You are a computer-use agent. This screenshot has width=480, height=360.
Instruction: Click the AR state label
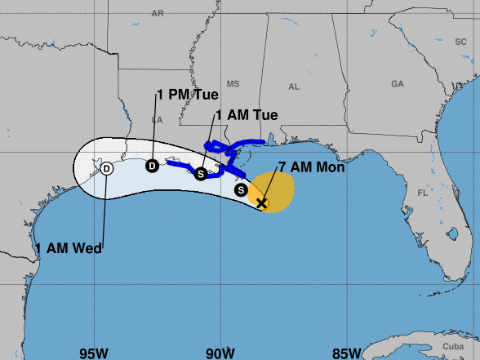pos(158,14)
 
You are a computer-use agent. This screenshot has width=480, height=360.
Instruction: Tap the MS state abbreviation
pos(233,84)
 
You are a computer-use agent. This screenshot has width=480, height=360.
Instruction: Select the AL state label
pos(294,87)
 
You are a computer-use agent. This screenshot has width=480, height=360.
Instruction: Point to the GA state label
pos(398,84)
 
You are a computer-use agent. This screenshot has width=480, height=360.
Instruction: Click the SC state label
pos(460,41)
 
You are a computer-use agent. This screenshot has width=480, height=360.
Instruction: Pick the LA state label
pos(158,118)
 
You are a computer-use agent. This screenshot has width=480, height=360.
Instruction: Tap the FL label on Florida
pos(423,193)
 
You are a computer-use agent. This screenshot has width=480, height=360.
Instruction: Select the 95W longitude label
pos(94,353)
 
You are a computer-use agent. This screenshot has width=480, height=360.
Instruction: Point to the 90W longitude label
pos(220,353)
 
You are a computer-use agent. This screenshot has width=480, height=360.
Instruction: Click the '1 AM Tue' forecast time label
pos(247,115)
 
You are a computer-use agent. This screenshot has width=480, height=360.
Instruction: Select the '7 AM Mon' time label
pos(311,168)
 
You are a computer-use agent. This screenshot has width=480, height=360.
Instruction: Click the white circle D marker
pos(107,169)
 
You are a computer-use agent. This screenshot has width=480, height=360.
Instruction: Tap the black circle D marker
pos(152,166)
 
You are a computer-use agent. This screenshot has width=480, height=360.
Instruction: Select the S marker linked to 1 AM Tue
pos(201,173)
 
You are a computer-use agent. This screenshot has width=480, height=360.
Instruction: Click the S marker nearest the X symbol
pos(241,189)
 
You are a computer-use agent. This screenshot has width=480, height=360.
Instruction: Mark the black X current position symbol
pos(261,202)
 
